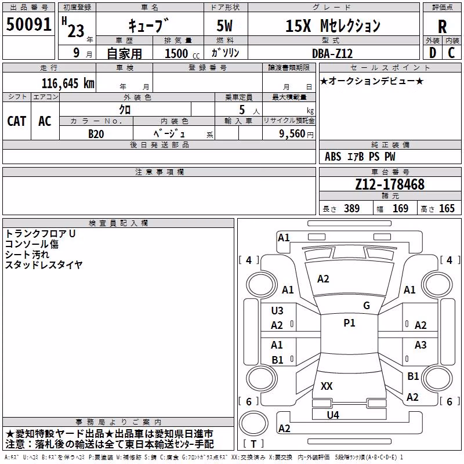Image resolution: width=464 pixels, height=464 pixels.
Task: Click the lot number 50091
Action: tap(28, 24)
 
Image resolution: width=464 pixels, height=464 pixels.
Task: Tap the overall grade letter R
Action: tap(442, 27)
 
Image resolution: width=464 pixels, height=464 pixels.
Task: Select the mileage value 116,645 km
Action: tap(68, 84)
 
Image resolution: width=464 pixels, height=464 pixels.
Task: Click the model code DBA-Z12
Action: tap(332, 53)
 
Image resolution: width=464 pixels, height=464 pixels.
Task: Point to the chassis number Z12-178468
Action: tap(390, 184)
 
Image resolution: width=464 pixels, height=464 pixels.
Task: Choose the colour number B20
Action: tap(96, 134)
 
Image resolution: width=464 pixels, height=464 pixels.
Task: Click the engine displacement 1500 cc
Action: tap(182, 53)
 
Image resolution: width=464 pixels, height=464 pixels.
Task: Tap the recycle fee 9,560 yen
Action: tap(296, 134)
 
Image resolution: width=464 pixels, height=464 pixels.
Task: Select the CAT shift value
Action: tap(17, 121)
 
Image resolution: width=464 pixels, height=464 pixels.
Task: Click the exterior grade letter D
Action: tap(433, 53)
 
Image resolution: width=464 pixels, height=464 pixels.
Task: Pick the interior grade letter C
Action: tap(451, 53)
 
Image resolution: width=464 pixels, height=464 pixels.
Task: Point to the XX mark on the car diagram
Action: tap(327, 386)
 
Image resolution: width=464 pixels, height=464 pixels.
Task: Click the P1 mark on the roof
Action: tap(349, 323)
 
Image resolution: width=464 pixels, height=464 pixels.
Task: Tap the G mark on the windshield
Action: tap(367, 306)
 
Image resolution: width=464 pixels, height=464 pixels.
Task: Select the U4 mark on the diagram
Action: tap(333, 415)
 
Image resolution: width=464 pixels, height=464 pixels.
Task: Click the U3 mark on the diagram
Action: tap(277, 311)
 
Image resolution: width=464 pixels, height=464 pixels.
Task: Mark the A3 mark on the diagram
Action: tap(420, 345)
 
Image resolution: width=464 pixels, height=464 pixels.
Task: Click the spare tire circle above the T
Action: tap(253, 423)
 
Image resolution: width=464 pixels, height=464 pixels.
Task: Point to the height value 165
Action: tap(447, 208)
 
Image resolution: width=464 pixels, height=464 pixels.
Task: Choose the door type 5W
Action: tap(224, 26)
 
